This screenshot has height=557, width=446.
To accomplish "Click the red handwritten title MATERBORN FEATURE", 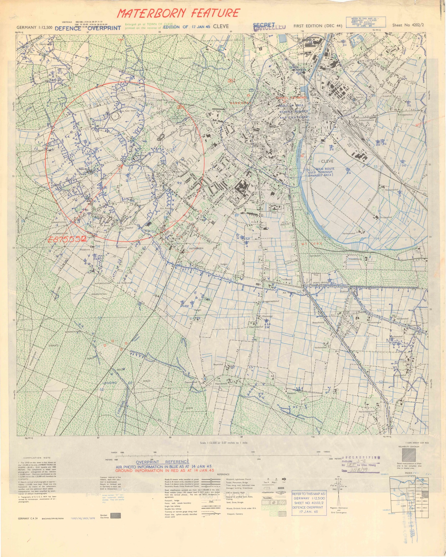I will pos(178,13).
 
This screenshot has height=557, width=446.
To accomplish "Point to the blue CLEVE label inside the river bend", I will pos(327,161).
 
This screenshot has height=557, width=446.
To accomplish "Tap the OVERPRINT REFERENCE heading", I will pos(163,462).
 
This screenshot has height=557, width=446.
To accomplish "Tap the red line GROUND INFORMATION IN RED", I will pos(164,470).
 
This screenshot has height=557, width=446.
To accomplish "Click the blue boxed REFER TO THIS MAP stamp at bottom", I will pos(309,503).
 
